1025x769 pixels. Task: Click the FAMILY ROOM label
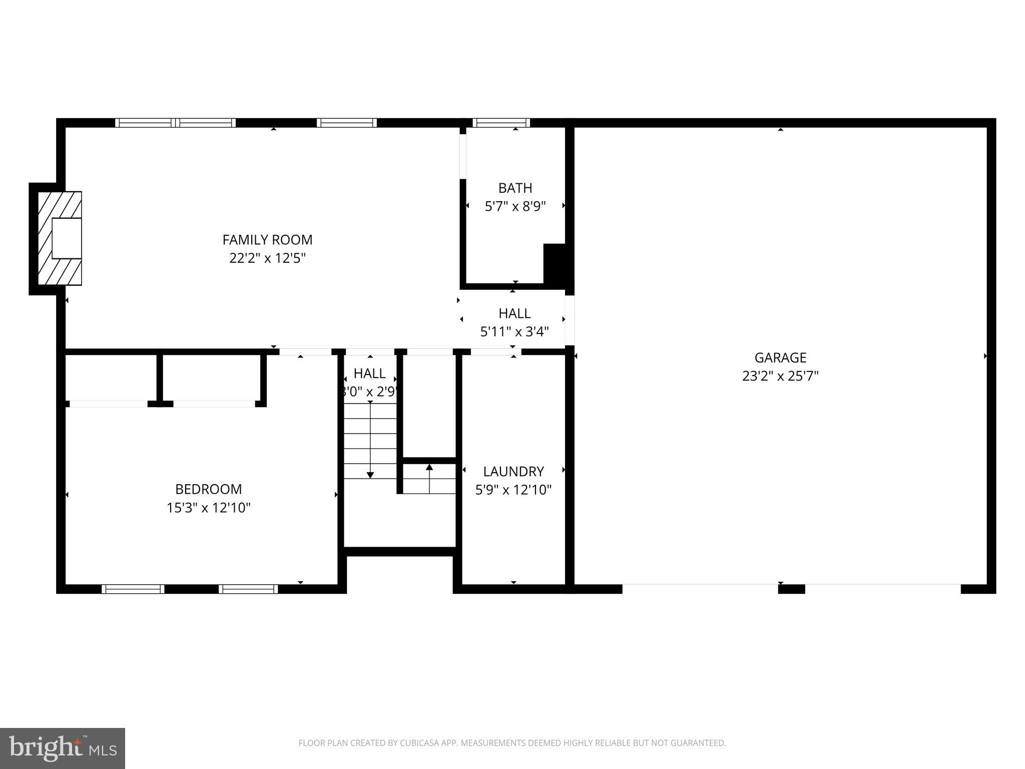coord(267,240)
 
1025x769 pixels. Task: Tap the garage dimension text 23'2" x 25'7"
coord(780,376)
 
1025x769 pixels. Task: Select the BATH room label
coord(515,188)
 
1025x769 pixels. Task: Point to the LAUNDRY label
coord(513,472)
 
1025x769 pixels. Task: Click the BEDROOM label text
coord(208,489)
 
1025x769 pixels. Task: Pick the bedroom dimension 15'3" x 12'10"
coord(208,508)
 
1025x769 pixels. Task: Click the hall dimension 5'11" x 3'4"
coord(515,332)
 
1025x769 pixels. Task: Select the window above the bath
coord(501,123)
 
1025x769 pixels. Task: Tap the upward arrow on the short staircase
coord(429,468)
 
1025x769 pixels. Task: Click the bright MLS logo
coord(63,748)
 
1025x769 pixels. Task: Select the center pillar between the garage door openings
coord(791,589)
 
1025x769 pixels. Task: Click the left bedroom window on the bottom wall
coord(133,589)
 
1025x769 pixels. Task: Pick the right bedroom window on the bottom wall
coord(248,589)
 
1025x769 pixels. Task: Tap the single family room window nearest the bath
coord(346,123)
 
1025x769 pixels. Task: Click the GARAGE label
coord(780,357)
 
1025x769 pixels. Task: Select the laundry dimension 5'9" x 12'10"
coord(513,490)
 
